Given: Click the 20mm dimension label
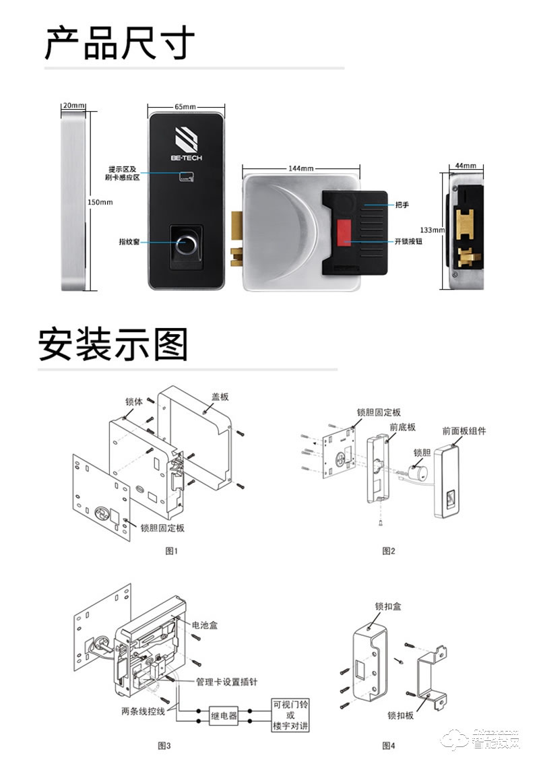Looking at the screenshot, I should coord(73,106).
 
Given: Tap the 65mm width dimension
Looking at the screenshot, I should coord(185,106).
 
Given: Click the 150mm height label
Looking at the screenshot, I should coord(100,201).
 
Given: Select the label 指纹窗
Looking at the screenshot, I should coord(129,240).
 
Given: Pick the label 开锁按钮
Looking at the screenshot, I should coord(408,240).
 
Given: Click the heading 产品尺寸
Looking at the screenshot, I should coord(119,43).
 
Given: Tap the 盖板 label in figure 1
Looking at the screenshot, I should coord(220,396).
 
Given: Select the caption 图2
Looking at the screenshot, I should coord(388,551).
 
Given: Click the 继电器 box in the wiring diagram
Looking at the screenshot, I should coord(224,715).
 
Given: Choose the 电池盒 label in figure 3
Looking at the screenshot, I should coord(205,625).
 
